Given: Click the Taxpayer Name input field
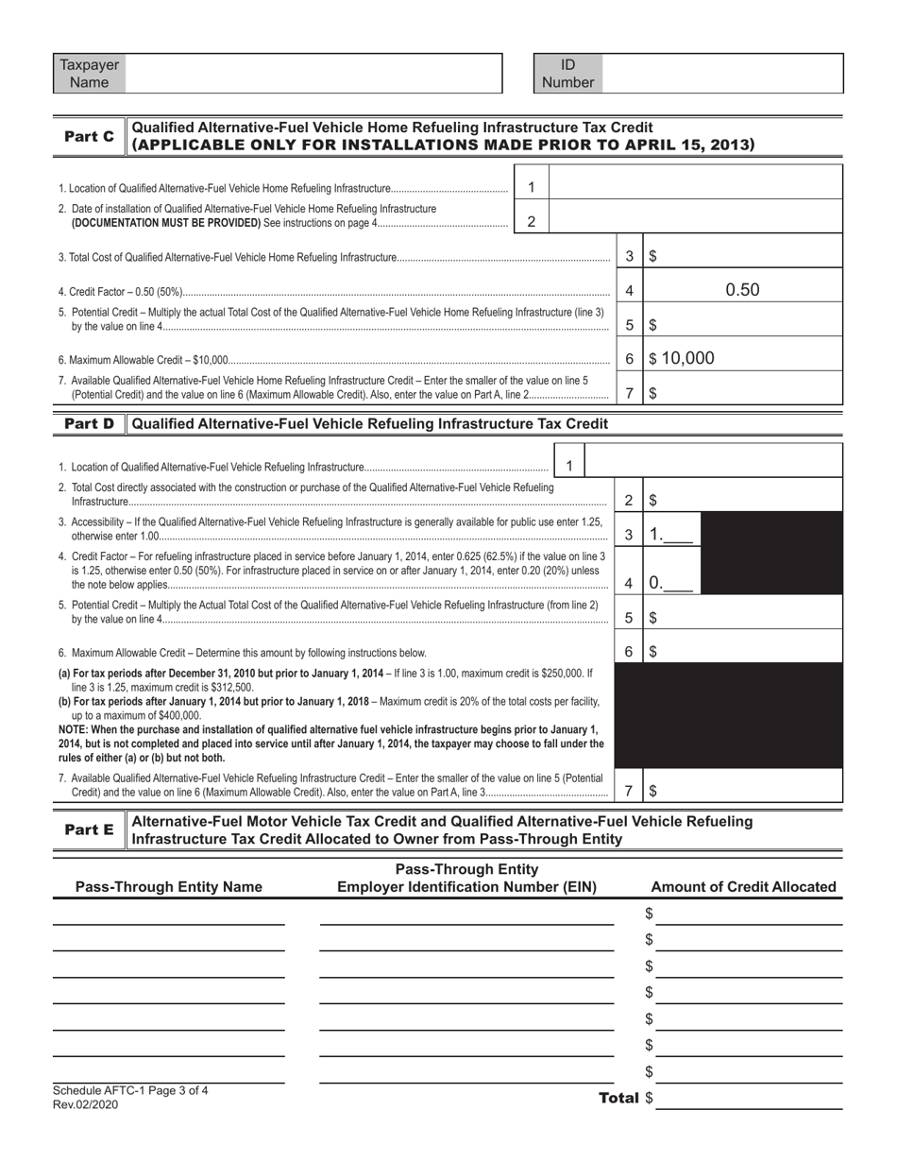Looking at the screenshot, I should pos(313,74).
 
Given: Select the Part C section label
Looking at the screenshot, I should pos(89,137).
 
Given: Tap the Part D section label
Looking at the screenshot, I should pos(89,424).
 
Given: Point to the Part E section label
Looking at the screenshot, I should pos(89,830).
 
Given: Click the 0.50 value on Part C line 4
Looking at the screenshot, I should pos(741,291).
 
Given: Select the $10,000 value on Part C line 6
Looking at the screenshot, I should pos(681,359).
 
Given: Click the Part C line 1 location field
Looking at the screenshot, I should pos(694,187).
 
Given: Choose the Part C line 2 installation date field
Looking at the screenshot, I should pos(694,221).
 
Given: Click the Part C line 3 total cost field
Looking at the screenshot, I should pos(741,256).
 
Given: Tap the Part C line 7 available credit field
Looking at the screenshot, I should pos(741,393).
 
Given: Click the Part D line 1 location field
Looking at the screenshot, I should pos(713,467).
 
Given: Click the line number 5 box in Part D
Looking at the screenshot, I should pos(629,618).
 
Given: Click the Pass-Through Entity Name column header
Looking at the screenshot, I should pos(168,887).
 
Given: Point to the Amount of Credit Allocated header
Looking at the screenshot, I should pos(743,887).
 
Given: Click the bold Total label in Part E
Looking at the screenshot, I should pos(618,1099).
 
